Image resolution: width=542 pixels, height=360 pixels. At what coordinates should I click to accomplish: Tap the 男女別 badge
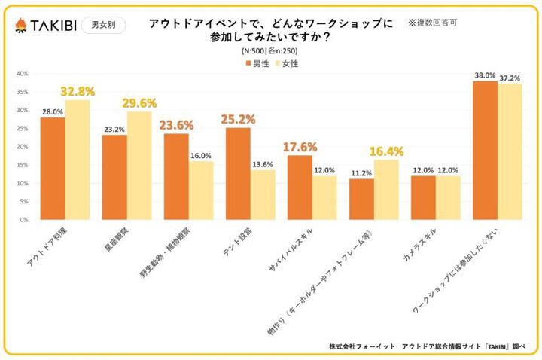pos(102,26)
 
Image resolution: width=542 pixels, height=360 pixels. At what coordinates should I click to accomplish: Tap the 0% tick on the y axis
pos(23,220)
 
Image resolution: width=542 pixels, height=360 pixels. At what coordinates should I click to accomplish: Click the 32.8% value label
pos(78,91)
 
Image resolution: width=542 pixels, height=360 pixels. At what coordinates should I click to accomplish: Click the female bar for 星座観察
pos(139,166)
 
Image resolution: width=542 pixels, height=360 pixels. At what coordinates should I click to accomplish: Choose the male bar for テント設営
pos(238,174)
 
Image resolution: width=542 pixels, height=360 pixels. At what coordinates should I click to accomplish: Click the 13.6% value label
pos(263,163)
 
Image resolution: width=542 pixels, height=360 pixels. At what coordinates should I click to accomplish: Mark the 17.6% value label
pos(300,147)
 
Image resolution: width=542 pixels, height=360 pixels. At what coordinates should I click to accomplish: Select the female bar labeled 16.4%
pos(386,190)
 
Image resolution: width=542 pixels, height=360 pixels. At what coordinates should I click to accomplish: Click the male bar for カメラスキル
pos(423,198)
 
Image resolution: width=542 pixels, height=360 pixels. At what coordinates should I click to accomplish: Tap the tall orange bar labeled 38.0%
pos(485,151)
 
